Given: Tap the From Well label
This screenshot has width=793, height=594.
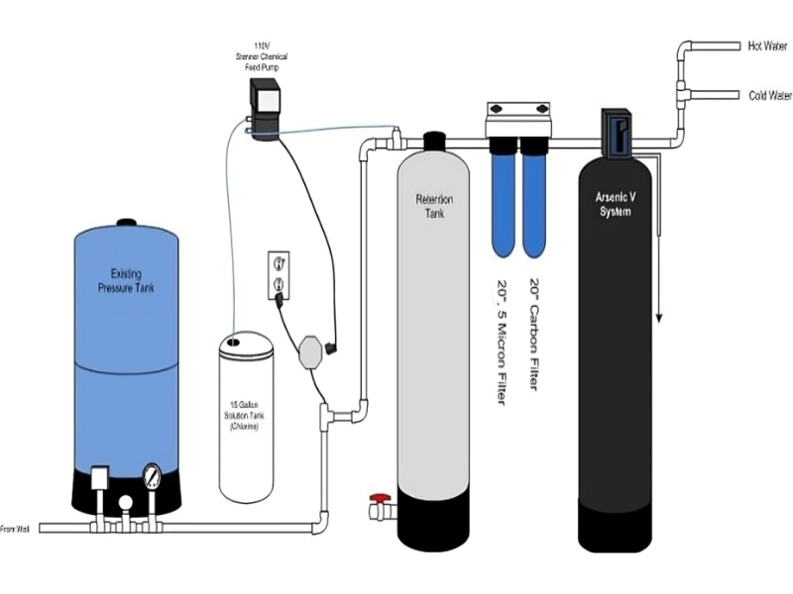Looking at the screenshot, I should point(14,530).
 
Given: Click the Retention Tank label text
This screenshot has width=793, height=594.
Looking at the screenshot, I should point(433,205).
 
